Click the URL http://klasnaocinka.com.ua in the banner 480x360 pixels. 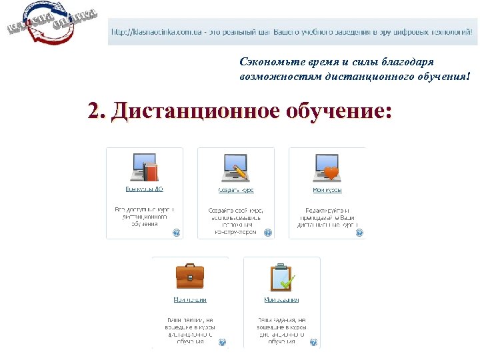coord(153,31)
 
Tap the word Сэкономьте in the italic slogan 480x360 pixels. coord(264,61)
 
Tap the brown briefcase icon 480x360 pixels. coord(190,275)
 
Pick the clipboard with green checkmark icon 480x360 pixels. coord(281,275)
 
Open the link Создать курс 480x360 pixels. coord(235,190)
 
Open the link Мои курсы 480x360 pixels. coord(327,190)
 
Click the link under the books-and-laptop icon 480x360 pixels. coord(145,190)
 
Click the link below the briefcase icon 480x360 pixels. coord(190,299)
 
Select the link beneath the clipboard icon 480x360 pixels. coord(281,299)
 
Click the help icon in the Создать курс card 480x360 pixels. coord(268,233)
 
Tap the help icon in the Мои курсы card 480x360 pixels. coord(359,233)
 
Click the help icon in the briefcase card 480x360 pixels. coord(223,342)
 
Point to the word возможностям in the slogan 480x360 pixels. coord(280,77)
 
